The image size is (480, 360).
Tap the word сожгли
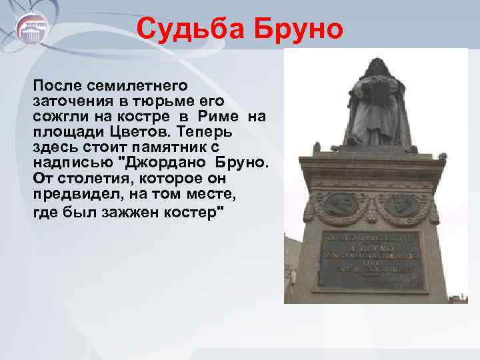(x=59, y=117)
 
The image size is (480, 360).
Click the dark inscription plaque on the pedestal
(x=371, y=260)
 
